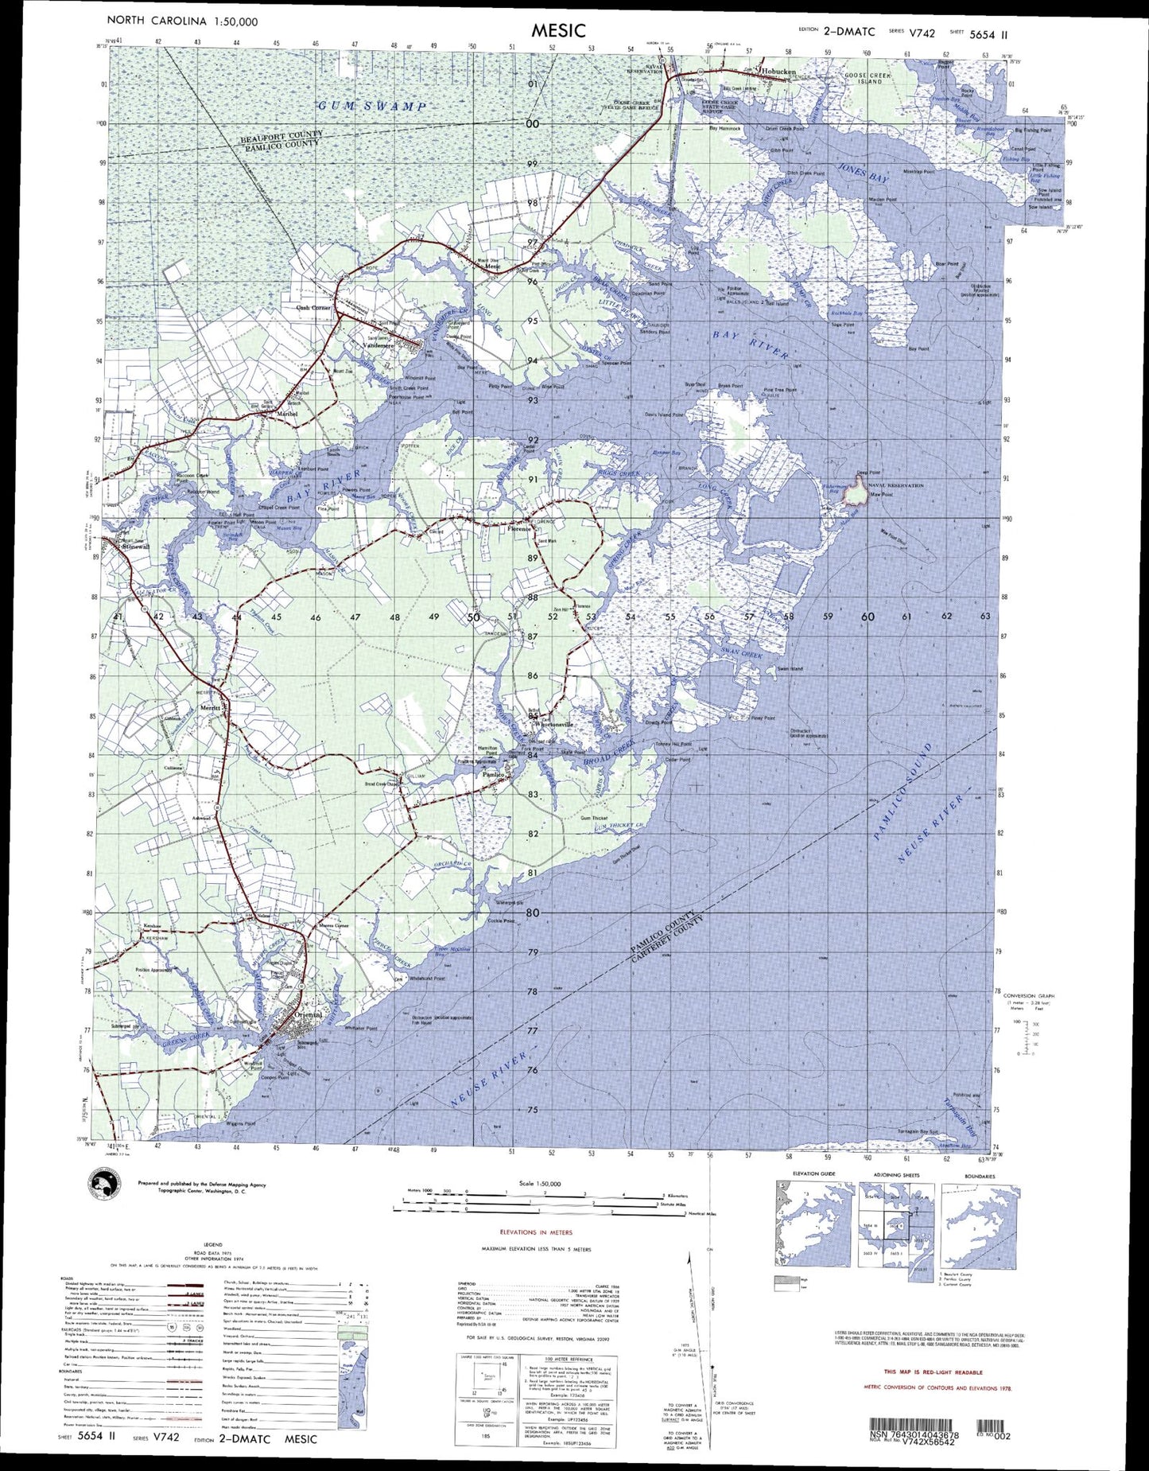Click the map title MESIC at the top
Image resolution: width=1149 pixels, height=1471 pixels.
point(558,30)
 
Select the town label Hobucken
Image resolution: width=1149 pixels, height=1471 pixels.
point(778,72)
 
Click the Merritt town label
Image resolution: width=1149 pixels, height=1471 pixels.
point(211,707)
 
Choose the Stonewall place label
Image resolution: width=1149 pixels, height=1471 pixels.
point(133,547)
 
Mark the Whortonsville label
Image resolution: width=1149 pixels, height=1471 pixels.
point(555,725)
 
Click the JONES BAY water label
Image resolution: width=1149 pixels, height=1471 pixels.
point(862,175)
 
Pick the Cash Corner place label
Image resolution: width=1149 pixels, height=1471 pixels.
point(313,307)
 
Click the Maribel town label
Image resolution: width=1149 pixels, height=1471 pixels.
point(286,414)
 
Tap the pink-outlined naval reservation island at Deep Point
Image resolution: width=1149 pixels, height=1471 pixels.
point(856,494)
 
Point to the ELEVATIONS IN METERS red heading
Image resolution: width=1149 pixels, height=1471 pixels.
point(536,1232)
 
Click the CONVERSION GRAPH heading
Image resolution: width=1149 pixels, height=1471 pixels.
point(1029,995)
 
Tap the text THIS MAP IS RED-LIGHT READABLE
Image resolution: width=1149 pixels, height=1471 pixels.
point(933,1372)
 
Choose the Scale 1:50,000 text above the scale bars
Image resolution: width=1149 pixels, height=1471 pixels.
point(539,1183)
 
